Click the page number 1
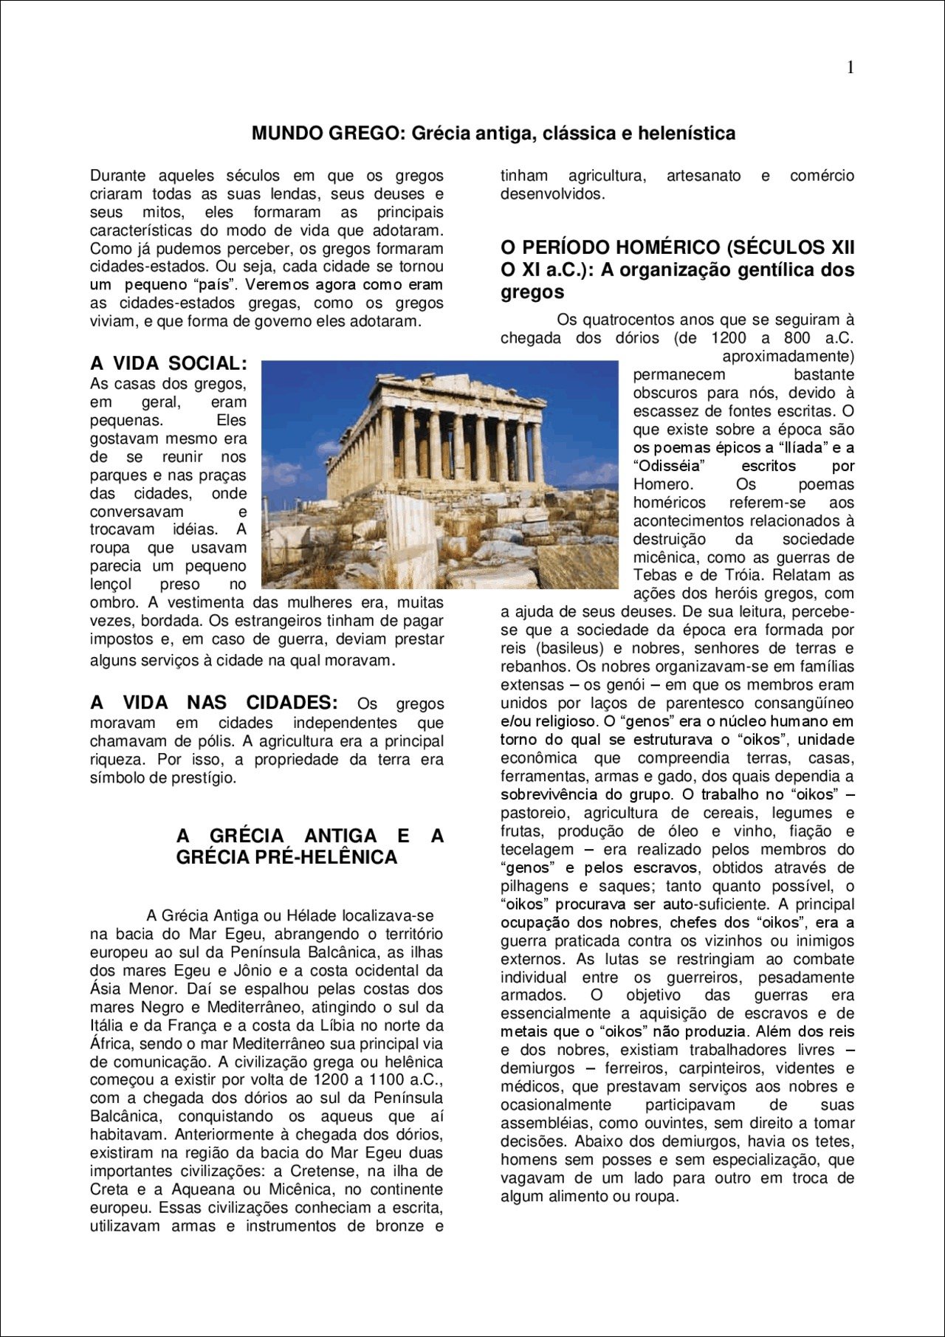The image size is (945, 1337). click(850, 68)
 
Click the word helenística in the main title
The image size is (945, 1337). click(687, 134)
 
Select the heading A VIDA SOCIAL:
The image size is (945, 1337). click(168, 363)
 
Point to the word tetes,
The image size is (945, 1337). click(833, 1141)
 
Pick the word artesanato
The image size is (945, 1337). click(704, 176)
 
